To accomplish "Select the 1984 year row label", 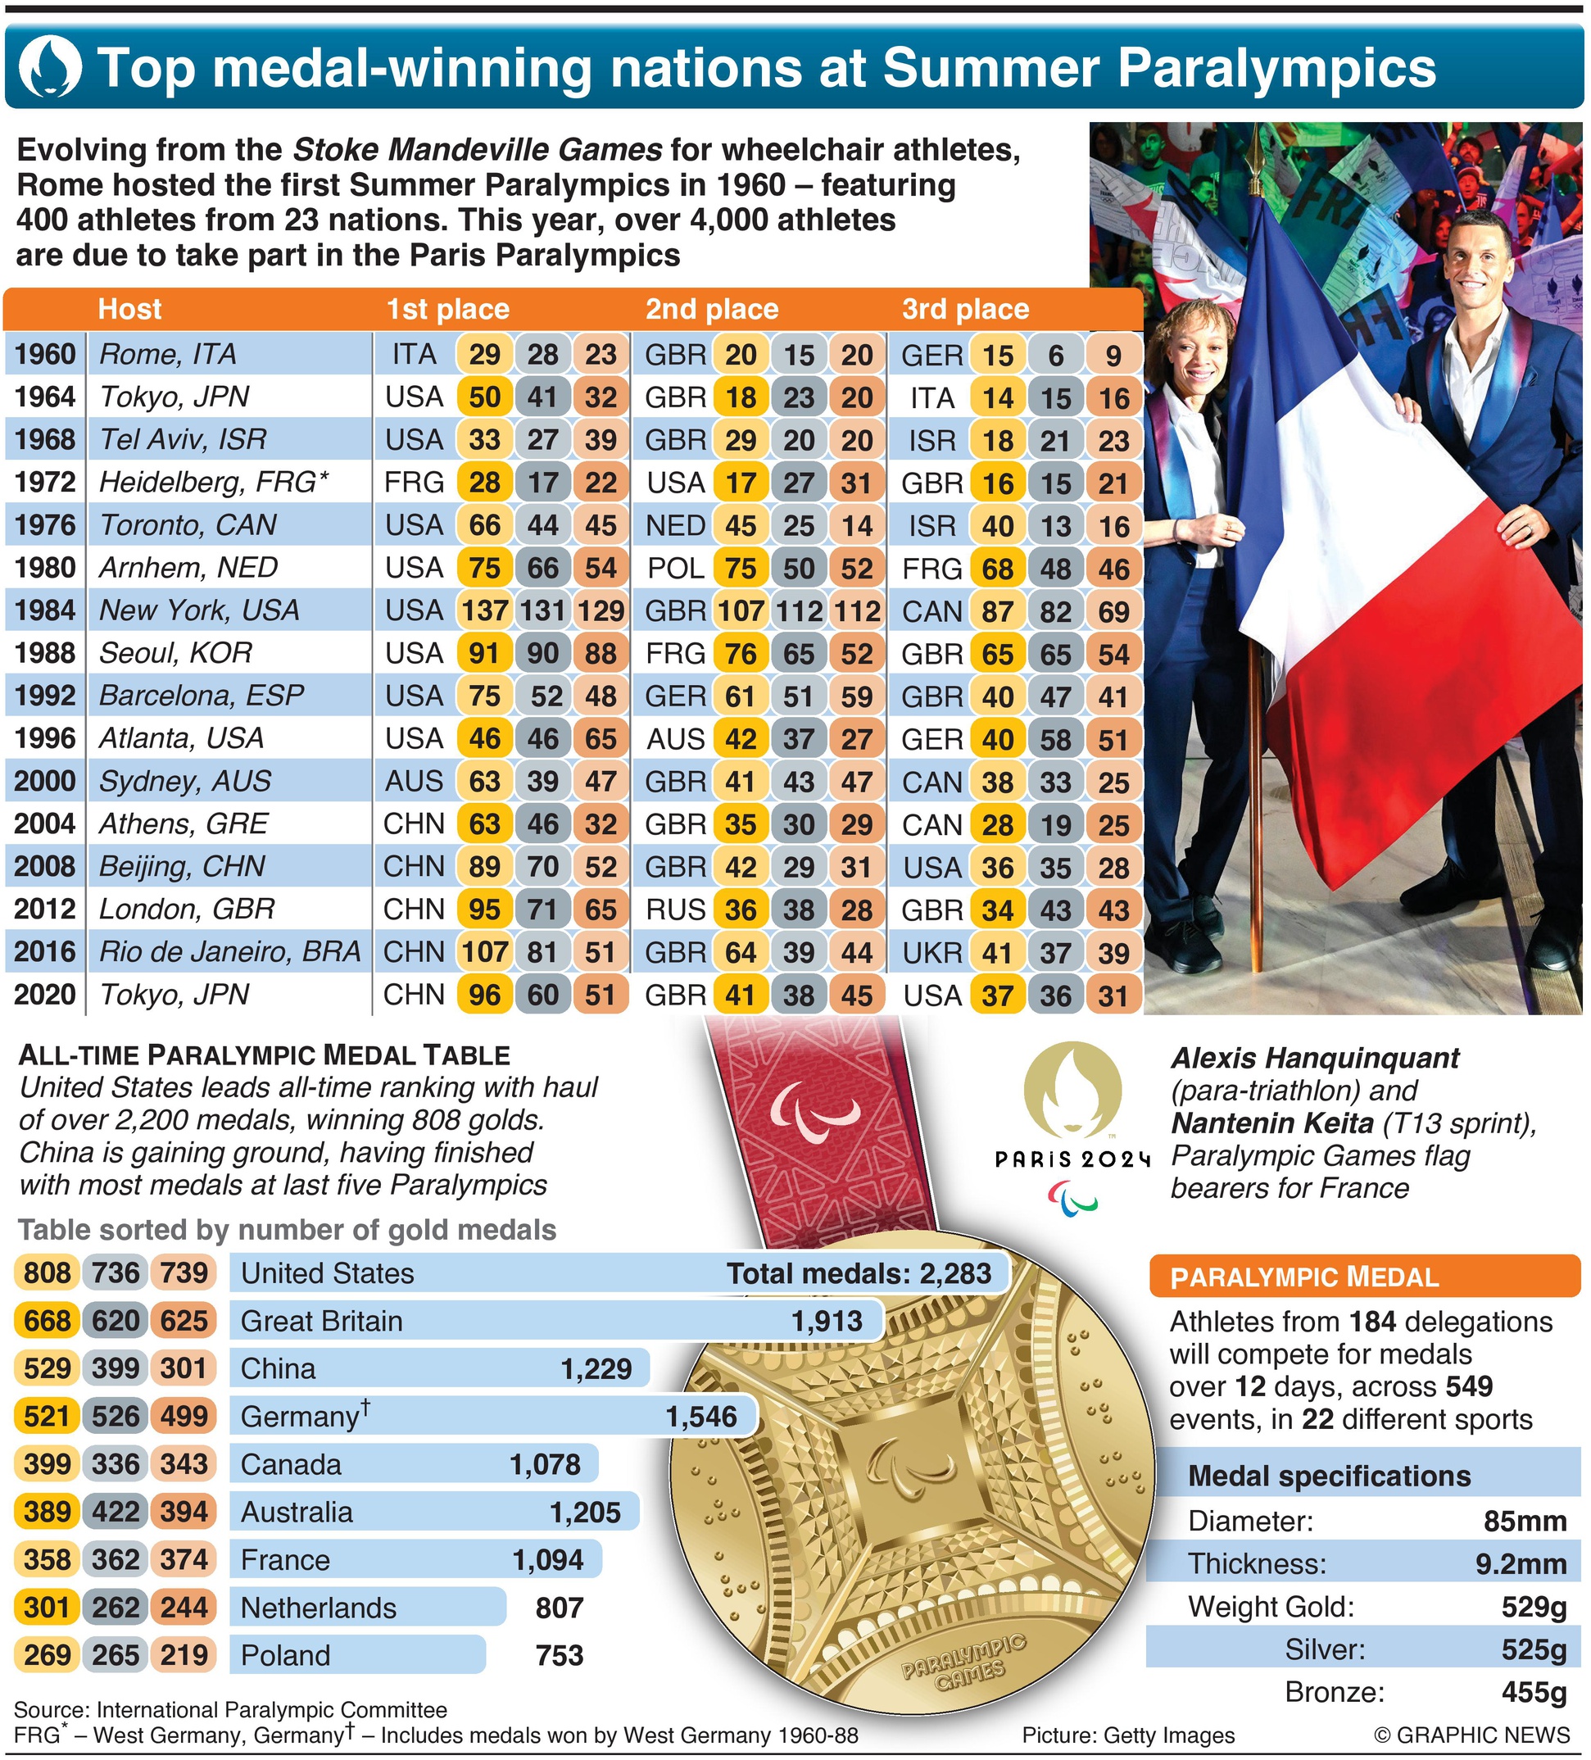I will (x=44, y=610).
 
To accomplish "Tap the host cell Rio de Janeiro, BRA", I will (x=229, y=951).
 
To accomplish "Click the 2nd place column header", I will (x=711, y=309).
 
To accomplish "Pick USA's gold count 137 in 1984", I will (x=484, y=610).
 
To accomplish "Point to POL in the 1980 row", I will (x=676, y=569).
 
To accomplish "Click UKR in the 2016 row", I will (x=931, y=952).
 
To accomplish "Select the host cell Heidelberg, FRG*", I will (x=214, y=482).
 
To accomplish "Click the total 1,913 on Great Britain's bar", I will (x=826, y=1321).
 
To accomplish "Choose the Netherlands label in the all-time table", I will (x=318, y=1608).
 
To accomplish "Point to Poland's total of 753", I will (x=559, y=1655).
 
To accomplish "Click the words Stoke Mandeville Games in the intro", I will (x=477, y=150).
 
